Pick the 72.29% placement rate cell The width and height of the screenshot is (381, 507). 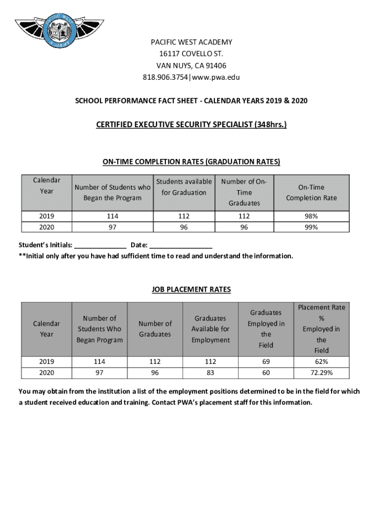[x=321, y=372]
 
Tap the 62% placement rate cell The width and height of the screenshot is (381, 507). [x=321, y=361]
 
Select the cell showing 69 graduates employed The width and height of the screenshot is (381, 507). [x=266, y=361]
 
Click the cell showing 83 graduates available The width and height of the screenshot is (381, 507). [x=211, y=372]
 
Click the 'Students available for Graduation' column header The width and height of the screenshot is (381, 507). [x=184, y=187]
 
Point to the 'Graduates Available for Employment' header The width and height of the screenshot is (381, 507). [x=211, y=329]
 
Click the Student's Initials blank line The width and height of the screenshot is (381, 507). [x=100, y=246]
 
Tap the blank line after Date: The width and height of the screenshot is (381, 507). [x=181, y=246]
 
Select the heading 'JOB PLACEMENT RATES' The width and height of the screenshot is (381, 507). [x=191, y=290]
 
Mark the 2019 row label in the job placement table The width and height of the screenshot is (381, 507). [x=46, y=361]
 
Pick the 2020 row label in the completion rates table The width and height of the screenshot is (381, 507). [x=47, y=227]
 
